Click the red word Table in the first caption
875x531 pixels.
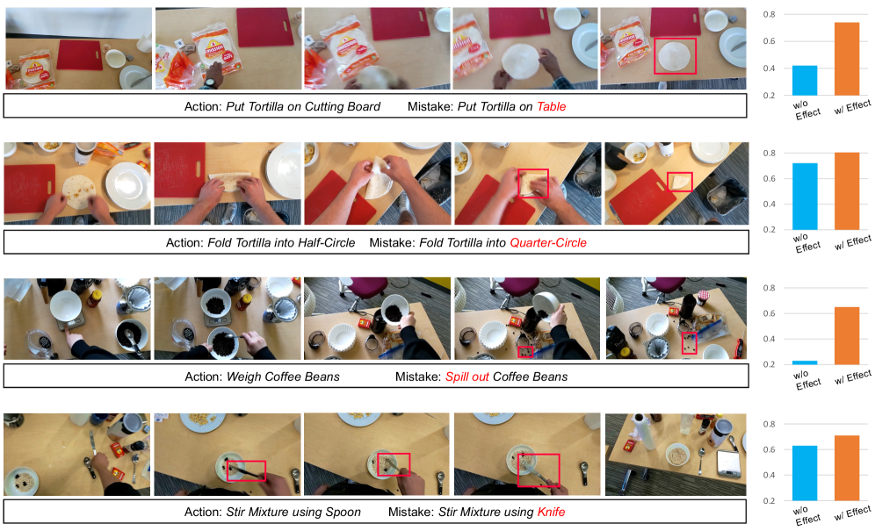click(552, 106)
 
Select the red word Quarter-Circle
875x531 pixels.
click(548, 242)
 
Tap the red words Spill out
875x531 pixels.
click(467, 377)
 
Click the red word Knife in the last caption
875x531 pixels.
click(551, 512)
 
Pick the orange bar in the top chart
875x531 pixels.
click(847, 59)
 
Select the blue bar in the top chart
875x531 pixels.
click(805, 81)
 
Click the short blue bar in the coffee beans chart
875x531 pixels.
click(805, 362)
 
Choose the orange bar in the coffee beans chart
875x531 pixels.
click(847, 336)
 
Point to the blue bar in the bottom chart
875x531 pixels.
click(805, 473)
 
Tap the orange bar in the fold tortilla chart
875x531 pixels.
click(847, 191)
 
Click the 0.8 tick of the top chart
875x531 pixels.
click(769, 15)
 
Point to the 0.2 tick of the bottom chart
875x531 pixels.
click(769, 501)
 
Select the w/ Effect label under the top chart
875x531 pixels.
click(853, 106)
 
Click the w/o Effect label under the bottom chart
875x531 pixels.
click(807, 515)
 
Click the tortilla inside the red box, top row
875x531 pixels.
click(674, 56)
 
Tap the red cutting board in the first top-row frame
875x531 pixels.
click(80, 54)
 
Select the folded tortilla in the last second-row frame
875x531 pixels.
click(681, 182)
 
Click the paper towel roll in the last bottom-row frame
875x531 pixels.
click(641, 432)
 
